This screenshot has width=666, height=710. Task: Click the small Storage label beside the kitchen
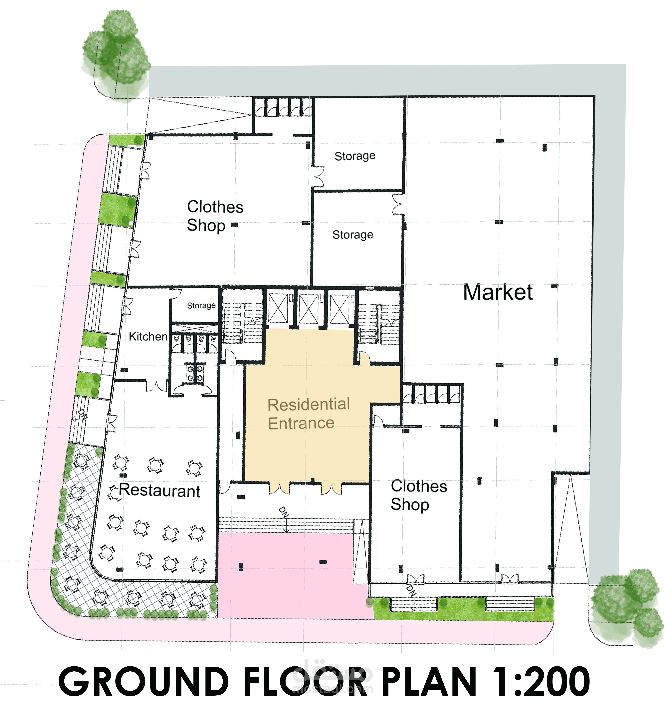(x=201, y=305)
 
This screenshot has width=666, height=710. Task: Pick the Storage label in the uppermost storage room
(x=355, y=156)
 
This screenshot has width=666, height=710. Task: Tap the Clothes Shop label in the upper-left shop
(x=215, y=216)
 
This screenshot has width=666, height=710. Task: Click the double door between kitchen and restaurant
(x=156, y=386)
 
